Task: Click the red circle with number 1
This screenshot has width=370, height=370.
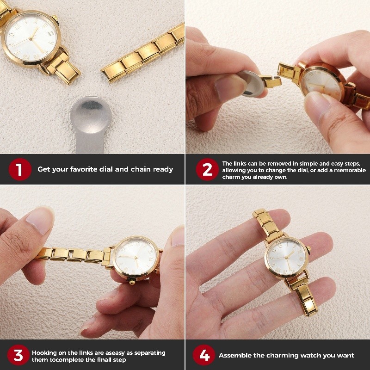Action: coord(19,169)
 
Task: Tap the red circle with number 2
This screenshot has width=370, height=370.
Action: coord(207,170)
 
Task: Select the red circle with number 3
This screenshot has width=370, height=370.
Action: coord(18,355)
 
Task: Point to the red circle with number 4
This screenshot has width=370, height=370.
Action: coord(203,355)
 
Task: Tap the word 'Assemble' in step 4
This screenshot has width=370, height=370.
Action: coord(236,355)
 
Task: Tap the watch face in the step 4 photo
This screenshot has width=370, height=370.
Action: coord(287,258)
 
